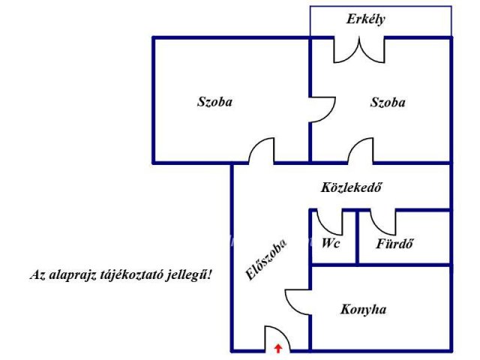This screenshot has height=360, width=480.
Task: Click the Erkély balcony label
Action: click(365, 19)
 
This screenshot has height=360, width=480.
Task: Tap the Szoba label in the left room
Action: click(214, 102)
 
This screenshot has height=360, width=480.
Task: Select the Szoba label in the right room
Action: click(388, 102)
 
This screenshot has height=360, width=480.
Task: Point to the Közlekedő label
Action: click(352, 187)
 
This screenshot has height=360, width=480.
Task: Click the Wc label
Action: click(331, 244)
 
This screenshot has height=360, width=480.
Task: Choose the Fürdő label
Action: click(394, 244)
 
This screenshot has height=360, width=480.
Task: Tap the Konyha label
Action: click(363, 310)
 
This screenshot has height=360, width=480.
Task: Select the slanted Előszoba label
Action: click(266, 259)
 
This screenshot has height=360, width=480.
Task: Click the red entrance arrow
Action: click(278, 348)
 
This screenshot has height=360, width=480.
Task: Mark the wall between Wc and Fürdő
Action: click(357, 237)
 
